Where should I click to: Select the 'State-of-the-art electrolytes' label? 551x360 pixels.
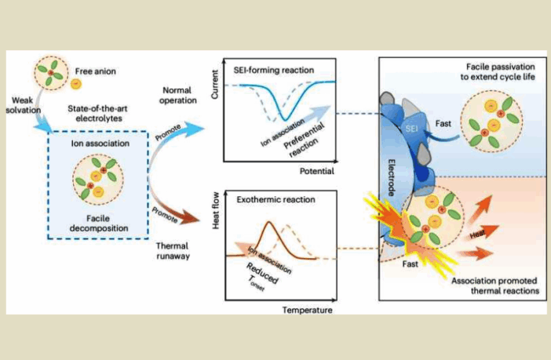pos(99,113)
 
